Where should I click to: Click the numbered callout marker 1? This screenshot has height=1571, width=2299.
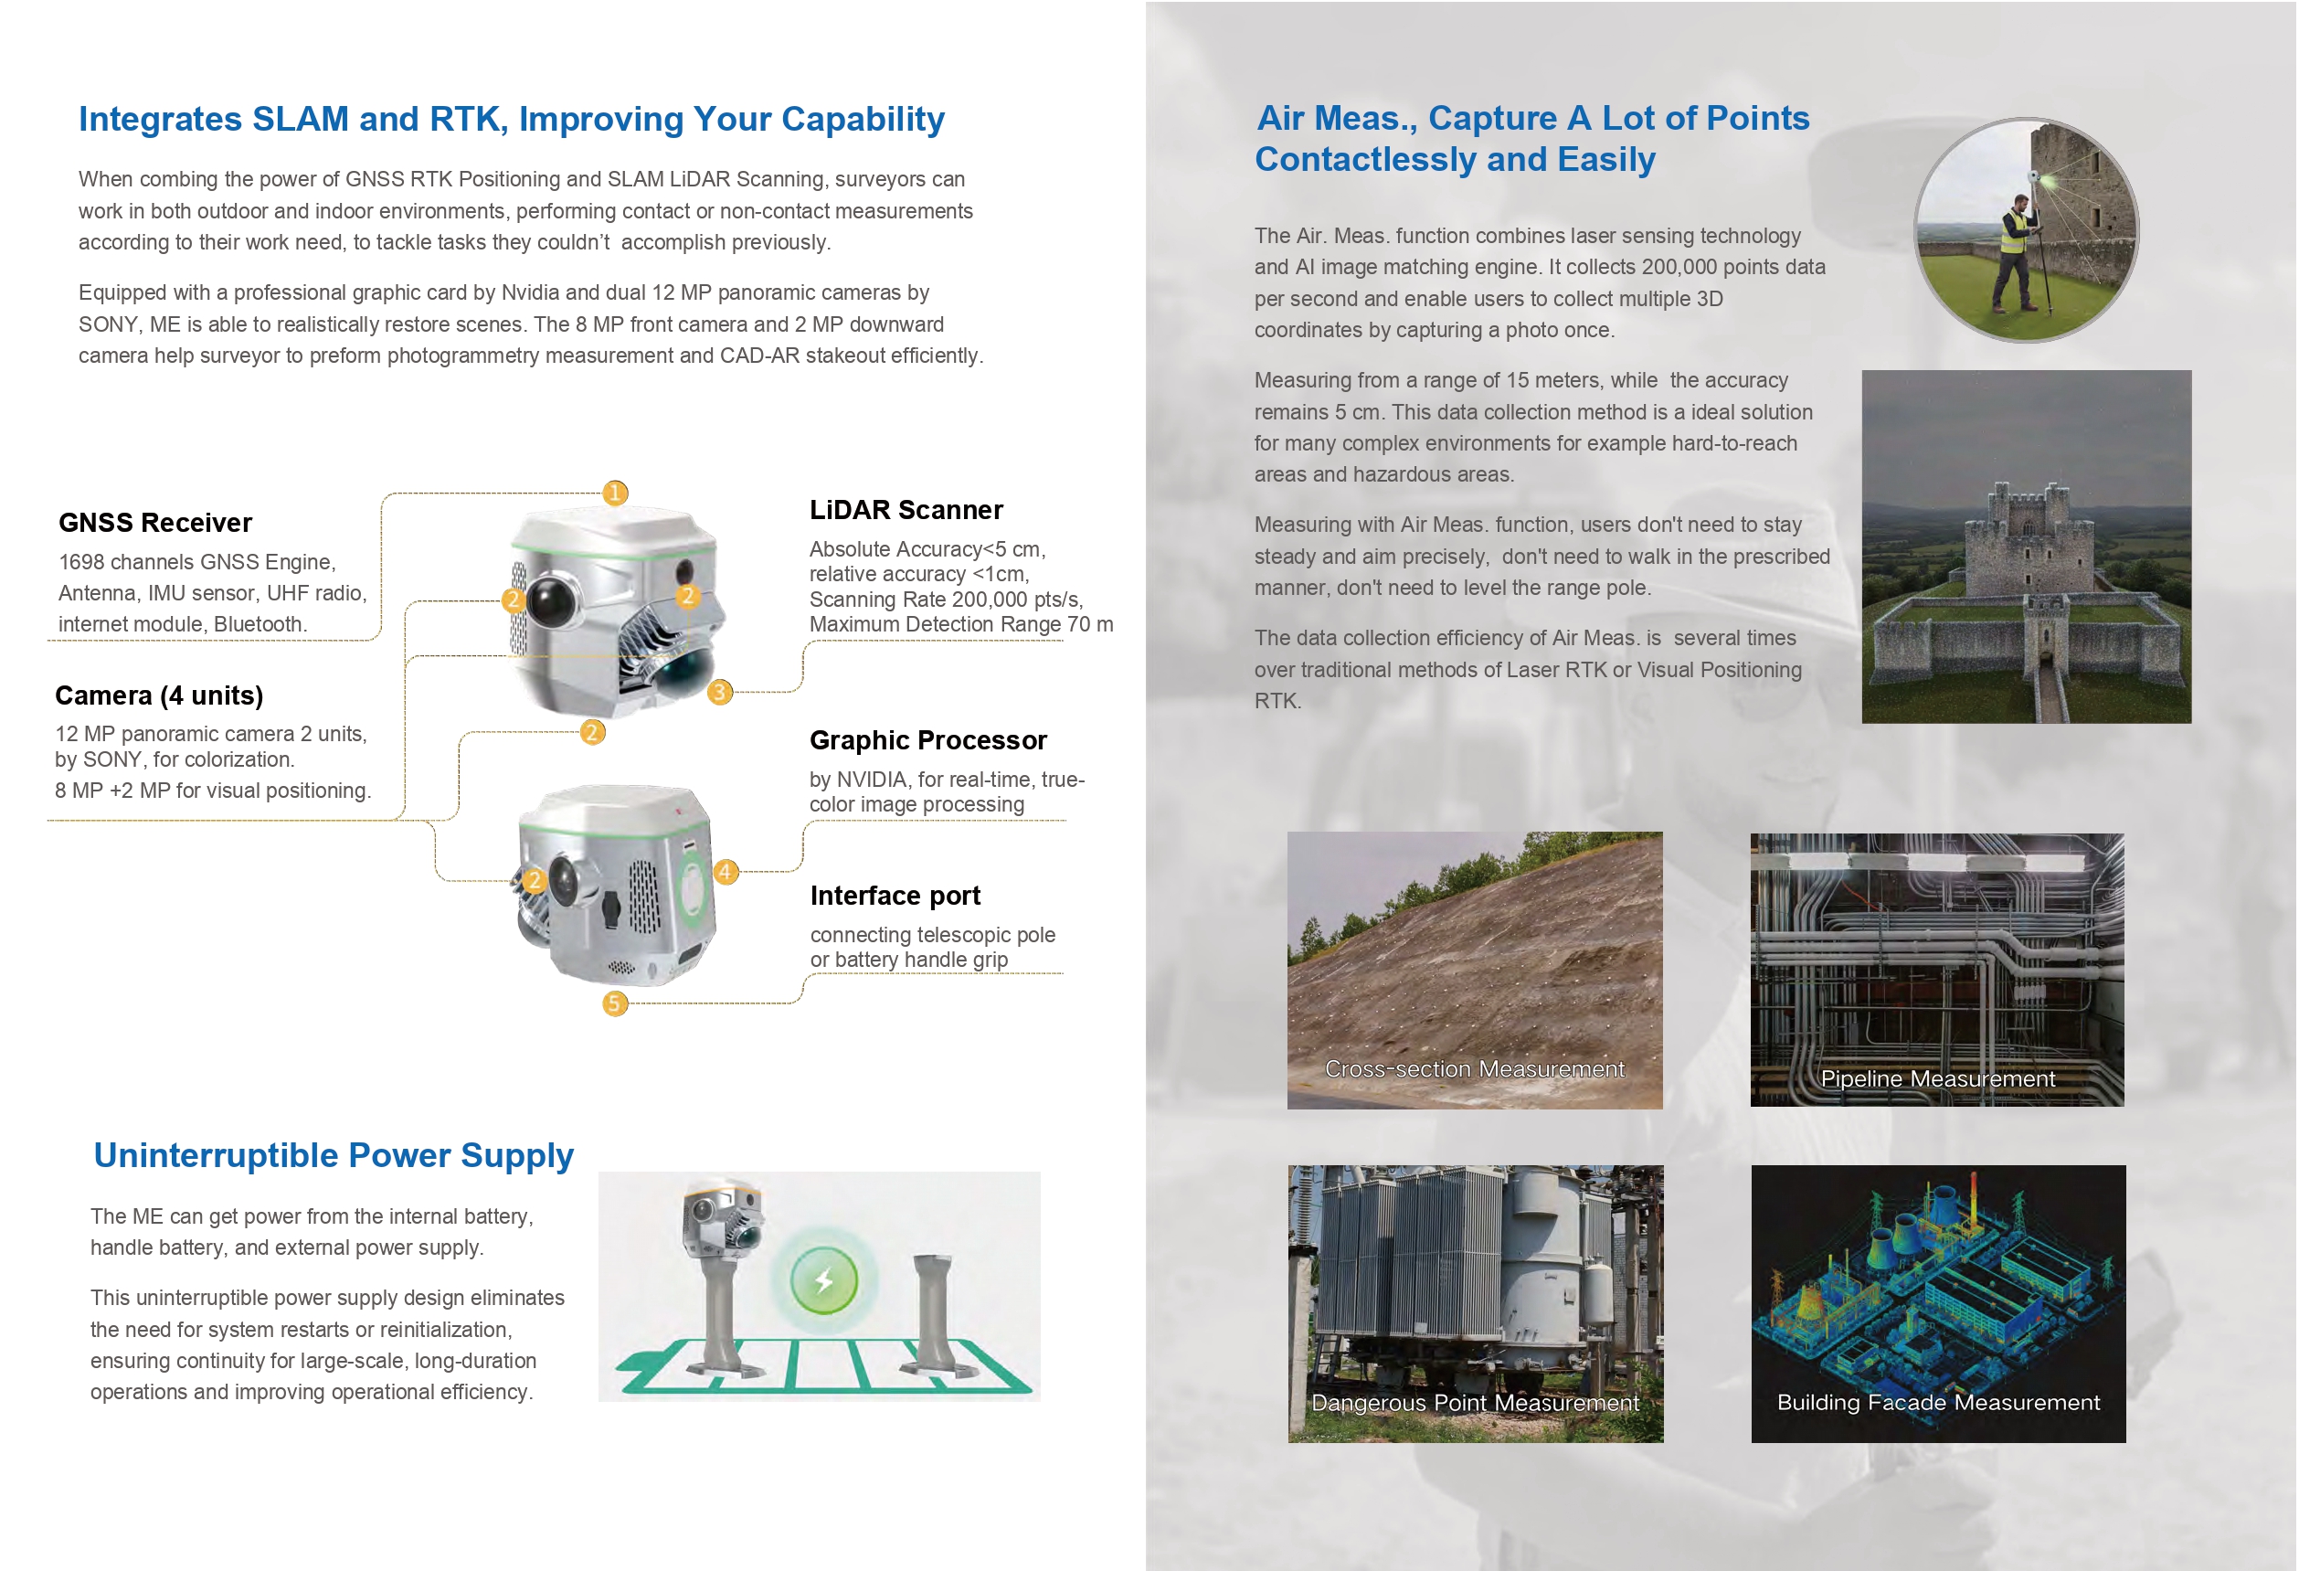tap(614, 493)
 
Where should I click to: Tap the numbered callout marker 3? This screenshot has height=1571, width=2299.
tap(720, 692)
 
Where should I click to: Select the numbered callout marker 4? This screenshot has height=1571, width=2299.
tap(726, 872)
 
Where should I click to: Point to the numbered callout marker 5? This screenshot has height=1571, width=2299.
tap(614, 1003)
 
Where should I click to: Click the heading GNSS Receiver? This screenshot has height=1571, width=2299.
tap(155, 523)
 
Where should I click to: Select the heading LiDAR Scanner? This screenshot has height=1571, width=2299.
tap(906, 509)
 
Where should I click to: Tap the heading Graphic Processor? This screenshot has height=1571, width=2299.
tap(927, 740)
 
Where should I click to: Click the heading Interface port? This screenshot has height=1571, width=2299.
tap(895, 896)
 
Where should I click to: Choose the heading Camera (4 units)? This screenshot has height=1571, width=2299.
tap(159, 695)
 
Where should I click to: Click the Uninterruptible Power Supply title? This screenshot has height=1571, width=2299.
tap(334, 1155)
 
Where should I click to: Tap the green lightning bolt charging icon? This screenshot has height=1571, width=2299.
tap(823, 1281)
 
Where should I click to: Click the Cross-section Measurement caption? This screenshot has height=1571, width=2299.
tap(1474, 1069)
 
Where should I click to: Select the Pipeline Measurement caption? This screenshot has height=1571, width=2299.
tap(1937, 1079)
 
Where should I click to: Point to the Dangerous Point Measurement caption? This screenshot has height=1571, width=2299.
tap(1475, 1403)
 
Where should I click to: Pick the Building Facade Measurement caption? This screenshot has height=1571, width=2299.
tap(1938, 1402)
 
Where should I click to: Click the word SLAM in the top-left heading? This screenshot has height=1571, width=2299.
tap(301, 119)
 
